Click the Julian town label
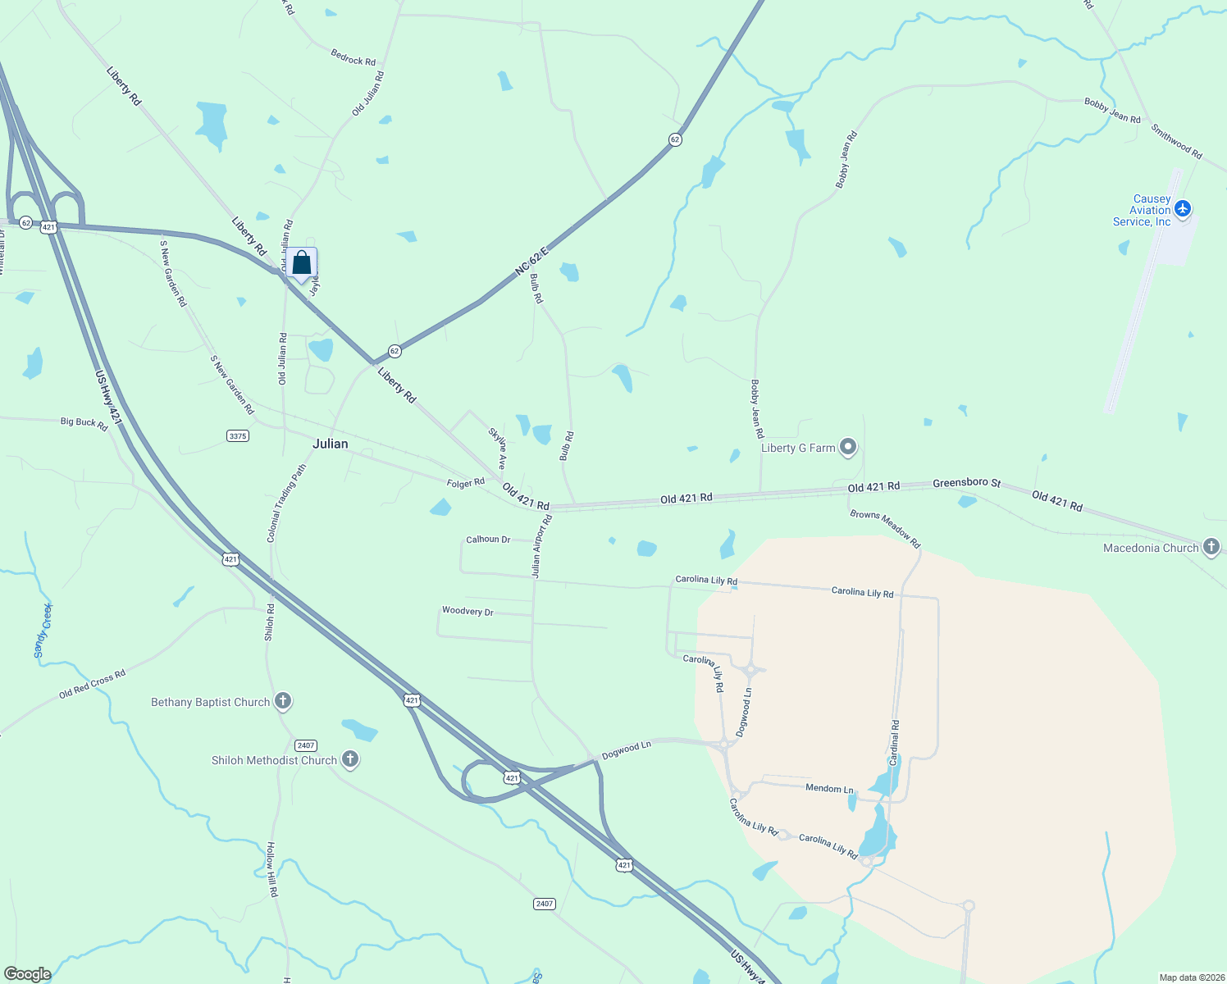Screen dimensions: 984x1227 point(331,444)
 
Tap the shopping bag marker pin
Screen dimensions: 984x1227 point(301,264)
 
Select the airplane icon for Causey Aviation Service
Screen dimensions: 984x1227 point(1182,209)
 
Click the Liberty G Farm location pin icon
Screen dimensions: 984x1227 point(849,448)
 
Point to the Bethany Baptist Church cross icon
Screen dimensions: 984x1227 point(283,701)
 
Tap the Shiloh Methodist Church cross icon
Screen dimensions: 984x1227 point(350,759)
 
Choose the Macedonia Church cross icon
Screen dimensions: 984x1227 point(1211,548)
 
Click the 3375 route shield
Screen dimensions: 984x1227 point(238,436)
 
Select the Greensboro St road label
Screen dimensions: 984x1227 point(966,483)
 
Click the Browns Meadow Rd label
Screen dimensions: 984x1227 point(885,529)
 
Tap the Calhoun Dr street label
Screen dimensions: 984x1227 point(488,540)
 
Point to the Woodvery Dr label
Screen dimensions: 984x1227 point(468,611)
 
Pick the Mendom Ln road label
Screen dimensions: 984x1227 point(829,788)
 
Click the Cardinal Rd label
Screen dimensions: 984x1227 point(895,743)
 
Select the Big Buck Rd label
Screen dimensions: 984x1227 point(84,423)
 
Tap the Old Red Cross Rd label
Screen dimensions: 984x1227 point(92,684)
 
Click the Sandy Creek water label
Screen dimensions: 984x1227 point(43,631)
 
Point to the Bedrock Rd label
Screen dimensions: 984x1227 point(353,57)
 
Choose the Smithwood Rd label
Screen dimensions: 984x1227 point(1175,141)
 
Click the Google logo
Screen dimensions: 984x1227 point(28,973)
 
